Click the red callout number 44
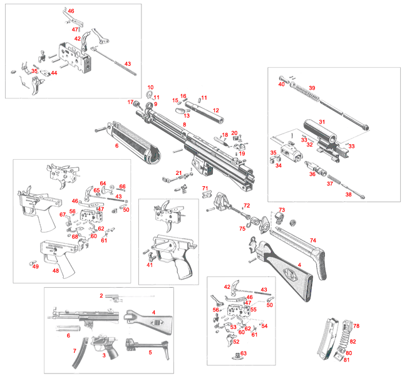[x=54, y=73]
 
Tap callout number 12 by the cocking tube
[x=215, y=110]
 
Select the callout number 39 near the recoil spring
[x=312, y=88]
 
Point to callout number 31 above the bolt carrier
[x=322, y=122]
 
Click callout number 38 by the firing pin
[x=349, y=195]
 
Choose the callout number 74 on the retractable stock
[x=312, y=240]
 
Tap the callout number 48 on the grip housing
[x=56, y=271]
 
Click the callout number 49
[x=36, y=266]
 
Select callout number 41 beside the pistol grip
[x=150, y=265]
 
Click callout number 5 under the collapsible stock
[x=150, y=352]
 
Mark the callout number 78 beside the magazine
[x=356, y=327]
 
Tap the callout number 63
[x=243, y=354]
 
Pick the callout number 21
[x=178, y=172]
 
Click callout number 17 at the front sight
[x=131, y=102]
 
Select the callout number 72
[x=246, y=205]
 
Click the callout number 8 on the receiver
[x=184, y=125]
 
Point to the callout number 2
[x=100, y=295]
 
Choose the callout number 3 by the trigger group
[x=104, y=355]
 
